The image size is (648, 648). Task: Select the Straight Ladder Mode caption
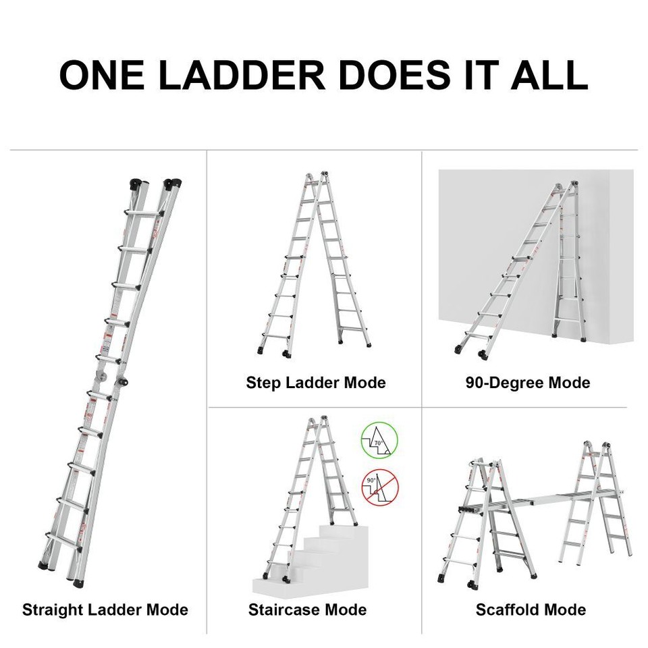(105, 610)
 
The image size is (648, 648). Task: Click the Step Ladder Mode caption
(316, 383)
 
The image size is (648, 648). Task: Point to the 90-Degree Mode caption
(528, 383)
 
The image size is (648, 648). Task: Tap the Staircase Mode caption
(307, 610)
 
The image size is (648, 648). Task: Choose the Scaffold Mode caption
(531, 610)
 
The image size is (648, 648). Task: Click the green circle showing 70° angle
(379, 442)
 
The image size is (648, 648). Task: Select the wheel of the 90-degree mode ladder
(484, 354)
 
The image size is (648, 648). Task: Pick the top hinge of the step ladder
(317, 177)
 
